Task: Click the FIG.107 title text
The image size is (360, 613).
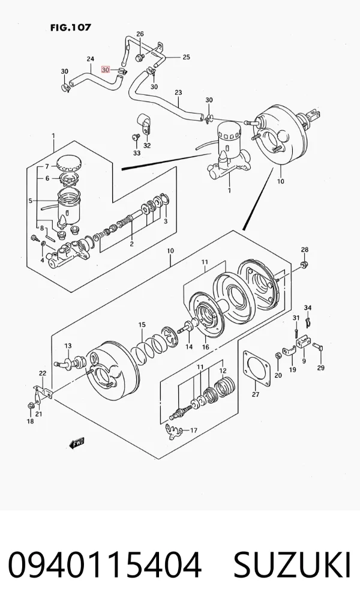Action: click(x=71, y=28)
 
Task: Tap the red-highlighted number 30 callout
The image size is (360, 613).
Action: click(x=105, y=69)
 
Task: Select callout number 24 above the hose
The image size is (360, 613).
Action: click(x=90, y=59)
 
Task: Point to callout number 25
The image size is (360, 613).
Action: click(x=186, y=57)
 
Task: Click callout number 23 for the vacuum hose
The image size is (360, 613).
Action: click(x=178, y=92)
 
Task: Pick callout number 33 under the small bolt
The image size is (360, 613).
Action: click(x=136, y=153)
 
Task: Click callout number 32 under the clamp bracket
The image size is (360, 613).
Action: click(x=147, y=146)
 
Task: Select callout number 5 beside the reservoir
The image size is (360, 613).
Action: click(x=30, y=201)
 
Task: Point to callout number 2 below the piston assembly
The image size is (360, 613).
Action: click(x=132, y=244)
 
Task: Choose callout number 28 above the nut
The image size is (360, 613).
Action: click(x=304, y=250)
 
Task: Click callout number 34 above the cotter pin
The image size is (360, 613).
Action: click(x=308, y=308)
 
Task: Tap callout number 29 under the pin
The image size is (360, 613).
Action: click(x=321, y=367)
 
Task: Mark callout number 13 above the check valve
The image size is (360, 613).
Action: click(x=68, y=346)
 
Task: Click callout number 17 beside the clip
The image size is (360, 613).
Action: click(x=193, y=430)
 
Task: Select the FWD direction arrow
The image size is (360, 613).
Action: click(x=77, y=443)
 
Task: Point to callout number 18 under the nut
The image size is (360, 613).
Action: click(x=30, y=421)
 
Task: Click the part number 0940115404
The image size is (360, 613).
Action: click(x=105, y=566)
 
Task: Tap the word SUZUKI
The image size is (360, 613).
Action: click(x=292, y=566)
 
